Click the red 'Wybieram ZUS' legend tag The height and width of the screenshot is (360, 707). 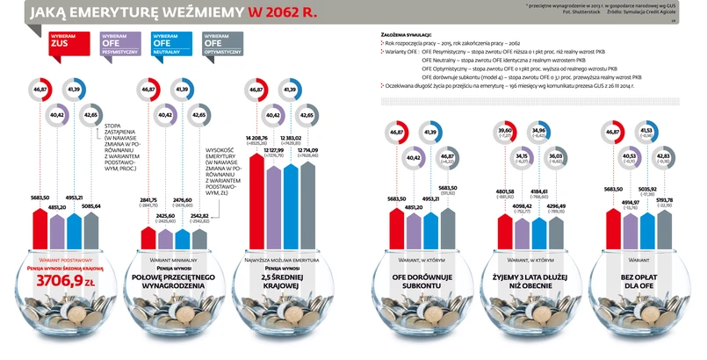(x=61, y=41)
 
